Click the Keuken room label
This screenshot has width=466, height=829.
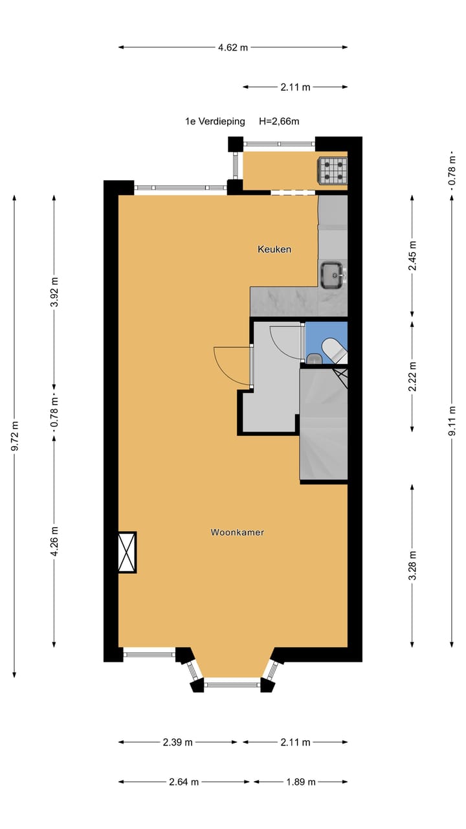274,249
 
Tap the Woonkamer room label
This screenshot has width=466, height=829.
238,532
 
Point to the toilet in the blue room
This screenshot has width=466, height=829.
335,350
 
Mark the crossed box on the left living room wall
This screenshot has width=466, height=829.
127,552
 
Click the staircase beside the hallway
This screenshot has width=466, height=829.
324,425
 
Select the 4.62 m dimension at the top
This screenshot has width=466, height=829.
233,47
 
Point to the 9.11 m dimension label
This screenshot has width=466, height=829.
452,421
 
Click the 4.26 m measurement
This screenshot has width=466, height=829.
54,540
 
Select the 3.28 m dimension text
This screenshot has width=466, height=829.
413,565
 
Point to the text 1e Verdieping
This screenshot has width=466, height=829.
215,121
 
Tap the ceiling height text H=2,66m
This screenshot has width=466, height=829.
279,121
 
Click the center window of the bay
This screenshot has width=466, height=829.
233,683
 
